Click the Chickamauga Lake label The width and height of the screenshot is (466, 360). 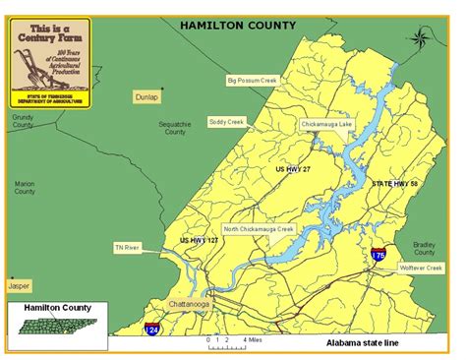(x=325, y=125)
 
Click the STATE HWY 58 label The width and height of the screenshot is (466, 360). (x=394, y=183)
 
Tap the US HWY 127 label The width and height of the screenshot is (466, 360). (x=199, y=239)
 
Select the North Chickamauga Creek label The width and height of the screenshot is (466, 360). (x=259, y=229)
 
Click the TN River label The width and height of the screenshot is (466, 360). (x=127, y=247)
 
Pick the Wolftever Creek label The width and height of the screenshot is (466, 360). (x=421, y=267)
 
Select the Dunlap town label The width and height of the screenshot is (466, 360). (x=146, y=97)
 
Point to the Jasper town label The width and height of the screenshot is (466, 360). (x=18, y=285)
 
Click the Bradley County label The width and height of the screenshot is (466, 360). (x=425, y=246)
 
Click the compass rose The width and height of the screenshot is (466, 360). (x=420, y=38)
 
